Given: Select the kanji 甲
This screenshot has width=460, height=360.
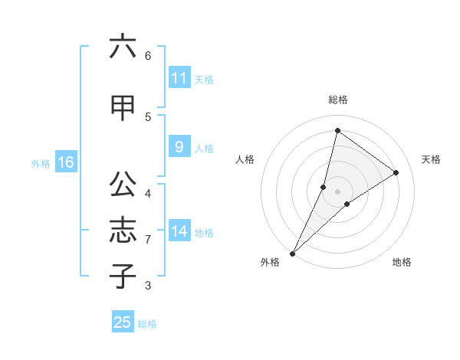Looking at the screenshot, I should (123, 108).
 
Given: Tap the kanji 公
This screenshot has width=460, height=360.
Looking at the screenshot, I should (123, 184).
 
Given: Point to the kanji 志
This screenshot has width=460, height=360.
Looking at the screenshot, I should (123, 231).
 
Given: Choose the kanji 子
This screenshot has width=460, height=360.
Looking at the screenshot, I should (123, 276).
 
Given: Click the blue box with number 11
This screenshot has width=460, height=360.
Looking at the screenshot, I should (179, 78).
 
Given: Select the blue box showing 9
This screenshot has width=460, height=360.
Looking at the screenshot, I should (179, 147).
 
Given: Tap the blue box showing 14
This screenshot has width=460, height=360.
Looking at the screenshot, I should (179, 231).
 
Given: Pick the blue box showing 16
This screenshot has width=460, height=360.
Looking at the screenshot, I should (65, 162).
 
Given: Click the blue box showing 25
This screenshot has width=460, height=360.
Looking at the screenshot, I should (123, 322).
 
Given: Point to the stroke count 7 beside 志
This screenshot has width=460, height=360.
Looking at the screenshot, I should (148, 240).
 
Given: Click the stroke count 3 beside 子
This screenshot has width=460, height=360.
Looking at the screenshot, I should (148, 286).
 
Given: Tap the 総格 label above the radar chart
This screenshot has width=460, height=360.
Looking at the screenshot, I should (337, 100).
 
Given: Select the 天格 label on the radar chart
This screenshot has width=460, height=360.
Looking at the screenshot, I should (431, 159).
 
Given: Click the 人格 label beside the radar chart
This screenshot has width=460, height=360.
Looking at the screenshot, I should (245, 159).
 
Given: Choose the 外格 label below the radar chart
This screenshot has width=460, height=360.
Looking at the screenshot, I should (270, 262).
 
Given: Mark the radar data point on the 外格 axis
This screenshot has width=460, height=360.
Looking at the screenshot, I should (293, 253).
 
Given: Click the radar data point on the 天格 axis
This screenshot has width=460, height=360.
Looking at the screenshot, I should (396, 172).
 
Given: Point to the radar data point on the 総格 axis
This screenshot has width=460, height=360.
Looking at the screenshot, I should (337, 130).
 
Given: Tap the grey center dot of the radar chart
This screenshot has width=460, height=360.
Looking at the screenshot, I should (337, 191).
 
